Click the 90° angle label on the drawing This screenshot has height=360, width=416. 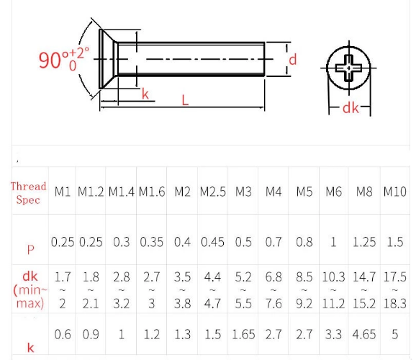pyautogui.click(x=63, y=58)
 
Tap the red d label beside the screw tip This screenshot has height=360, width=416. pyautogui.click(x=292, y=58)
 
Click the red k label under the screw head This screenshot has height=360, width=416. pyautogui.click(x=144, y=94)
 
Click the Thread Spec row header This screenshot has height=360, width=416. pyautogui.click(x=28, y=192)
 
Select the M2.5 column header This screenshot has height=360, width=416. pyautogui.click(x=212, y=192)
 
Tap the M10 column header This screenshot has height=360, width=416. pyautogui.click(x=394, y=192)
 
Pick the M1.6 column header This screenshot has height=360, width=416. pyautogui.click(x=152, y=192)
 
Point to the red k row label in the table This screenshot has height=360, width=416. pyautogui.click(x=30, y=347)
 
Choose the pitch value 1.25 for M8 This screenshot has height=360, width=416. pyautogui.click(x=364, y=243)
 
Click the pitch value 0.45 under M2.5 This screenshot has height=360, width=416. pyautogui.click(x=212, y=243)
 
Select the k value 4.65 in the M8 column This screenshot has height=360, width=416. pyautogui.click(x=364, y=334)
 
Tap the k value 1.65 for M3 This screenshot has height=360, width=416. pyautogui.click(x=243, y=334)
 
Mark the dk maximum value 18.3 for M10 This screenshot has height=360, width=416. pyautogui.click(x=394, y=303)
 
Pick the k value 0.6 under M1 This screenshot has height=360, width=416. pyautogui.click(x=63, y=334)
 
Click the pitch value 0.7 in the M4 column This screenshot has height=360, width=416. pyautogui.click(x=273, y=243)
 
